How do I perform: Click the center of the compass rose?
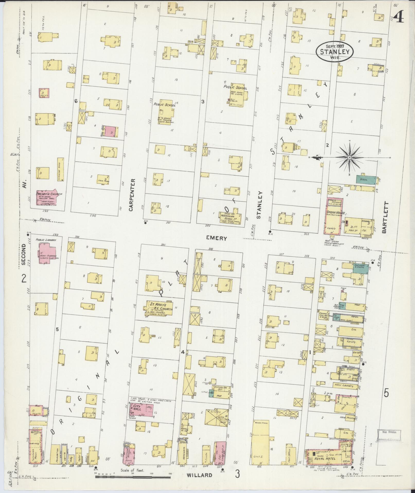(350, 157)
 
